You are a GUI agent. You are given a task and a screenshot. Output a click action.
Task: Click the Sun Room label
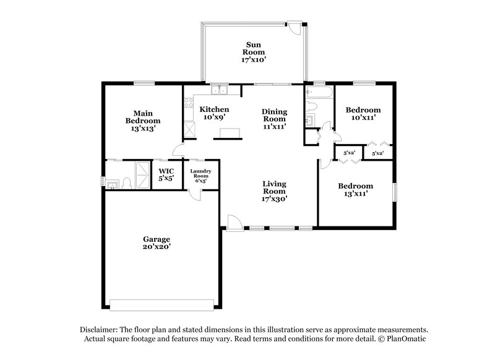[x=253, y=52]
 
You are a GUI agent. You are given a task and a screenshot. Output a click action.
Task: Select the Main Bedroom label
[x=143, y=121]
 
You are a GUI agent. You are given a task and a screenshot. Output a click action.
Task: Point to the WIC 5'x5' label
[x=166, y=174]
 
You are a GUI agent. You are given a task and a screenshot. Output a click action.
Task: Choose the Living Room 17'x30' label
[x=273, y=191]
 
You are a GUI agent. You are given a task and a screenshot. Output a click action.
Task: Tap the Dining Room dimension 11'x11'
[x=273, y=126]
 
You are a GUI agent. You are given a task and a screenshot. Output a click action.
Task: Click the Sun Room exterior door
[x=295, y=28]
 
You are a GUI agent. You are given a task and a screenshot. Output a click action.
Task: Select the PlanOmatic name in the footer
[x=407, y=340]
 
